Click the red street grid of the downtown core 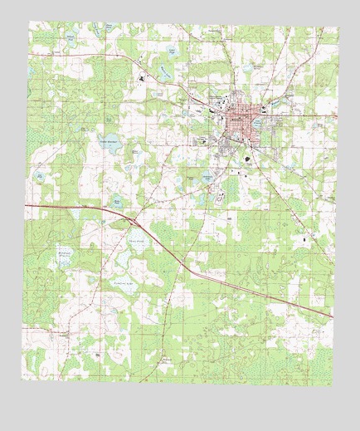click(244, 125)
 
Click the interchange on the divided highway click(133, 221)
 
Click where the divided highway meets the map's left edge click(26, 204)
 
